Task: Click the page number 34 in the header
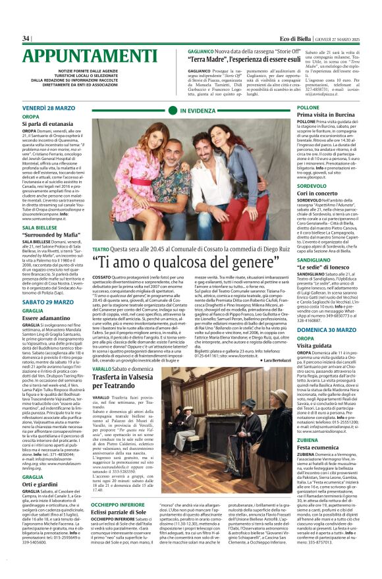point(26,38)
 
